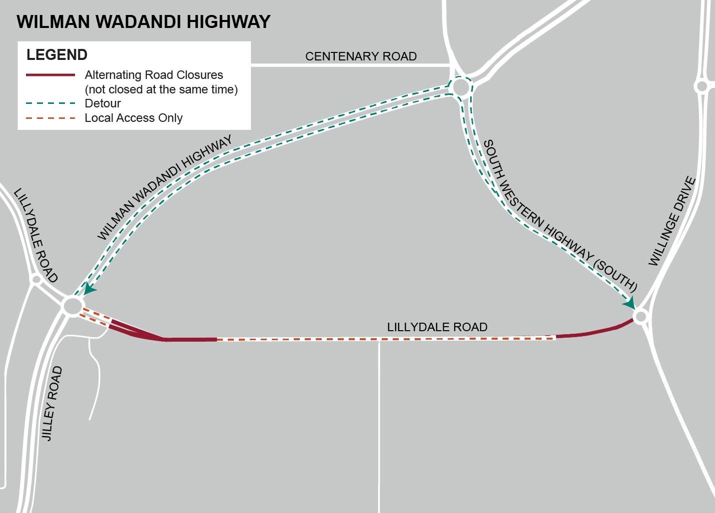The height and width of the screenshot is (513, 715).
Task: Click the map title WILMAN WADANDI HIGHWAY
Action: (x=143, y=22)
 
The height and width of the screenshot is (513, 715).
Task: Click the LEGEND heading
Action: (x=57, y=54)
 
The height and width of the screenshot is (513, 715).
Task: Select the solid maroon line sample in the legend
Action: (x=50, y=75)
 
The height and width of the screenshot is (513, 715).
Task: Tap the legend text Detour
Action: (x=103, y=103)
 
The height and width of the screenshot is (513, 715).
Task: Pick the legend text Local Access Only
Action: (x=133, y=118)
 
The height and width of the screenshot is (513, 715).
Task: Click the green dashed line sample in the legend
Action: (x=50, y=103)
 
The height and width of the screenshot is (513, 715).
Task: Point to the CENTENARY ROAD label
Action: (x=361, y=56)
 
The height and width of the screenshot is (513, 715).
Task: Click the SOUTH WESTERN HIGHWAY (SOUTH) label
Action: (x=560, y=216)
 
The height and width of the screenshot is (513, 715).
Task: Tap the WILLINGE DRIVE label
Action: (x=672, y=221)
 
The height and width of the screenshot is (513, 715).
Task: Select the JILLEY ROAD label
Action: (x=52, y=404)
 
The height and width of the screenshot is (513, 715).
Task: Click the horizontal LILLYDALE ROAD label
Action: (x=437, y=327)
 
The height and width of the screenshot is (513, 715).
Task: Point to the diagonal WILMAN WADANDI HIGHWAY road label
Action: (x=164, y=187)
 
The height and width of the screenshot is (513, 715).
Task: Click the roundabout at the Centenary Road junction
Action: (x=461, y=87)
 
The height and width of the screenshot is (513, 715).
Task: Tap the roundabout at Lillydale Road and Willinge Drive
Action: (x=641, y=316)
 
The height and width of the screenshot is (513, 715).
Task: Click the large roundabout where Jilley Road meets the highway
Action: (x=72, y=306)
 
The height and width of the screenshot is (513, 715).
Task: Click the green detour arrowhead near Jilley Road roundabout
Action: (x=89, y=289)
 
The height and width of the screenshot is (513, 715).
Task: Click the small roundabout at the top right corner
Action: (x=702, y=86)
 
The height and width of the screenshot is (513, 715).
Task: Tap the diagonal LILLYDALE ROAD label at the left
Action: (x=36, y=235)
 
